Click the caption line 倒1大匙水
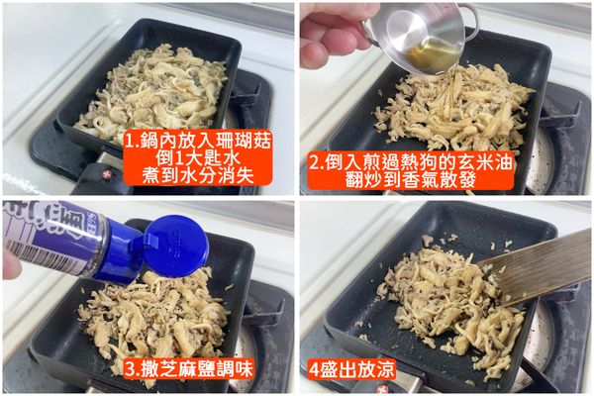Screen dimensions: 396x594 click(x=189, y=158)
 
